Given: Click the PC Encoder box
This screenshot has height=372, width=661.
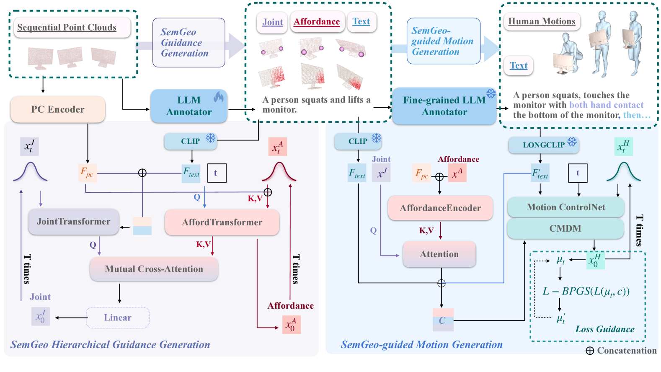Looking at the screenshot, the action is (x=58, y=109).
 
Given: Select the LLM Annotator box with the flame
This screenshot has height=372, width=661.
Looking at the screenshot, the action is (x=189, y=106).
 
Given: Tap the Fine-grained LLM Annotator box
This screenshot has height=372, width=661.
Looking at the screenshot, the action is (x=444, y=106).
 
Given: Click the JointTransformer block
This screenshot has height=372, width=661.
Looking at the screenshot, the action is (x=73, y=222).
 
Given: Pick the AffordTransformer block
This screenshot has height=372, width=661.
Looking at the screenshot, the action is (x=222, y=222).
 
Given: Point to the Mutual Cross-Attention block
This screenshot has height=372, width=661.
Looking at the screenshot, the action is (x=154, y=269).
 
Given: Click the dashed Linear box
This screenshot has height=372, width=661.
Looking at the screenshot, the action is (x=118, y=318).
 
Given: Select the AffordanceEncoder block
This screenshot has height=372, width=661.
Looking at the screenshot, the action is (x=440, y=208).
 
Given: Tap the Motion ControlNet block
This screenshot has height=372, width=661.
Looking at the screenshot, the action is (x=565, y=207).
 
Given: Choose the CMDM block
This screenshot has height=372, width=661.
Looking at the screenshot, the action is (x=565, y=228).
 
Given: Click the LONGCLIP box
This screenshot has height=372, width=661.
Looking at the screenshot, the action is (x=544, y=145).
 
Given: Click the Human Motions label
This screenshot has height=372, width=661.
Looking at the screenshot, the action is (x=542, y=21).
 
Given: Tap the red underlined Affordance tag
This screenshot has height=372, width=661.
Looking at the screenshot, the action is (x=317, y=21).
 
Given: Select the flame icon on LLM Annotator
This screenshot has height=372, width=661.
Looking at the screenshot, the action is (x=219, y=97).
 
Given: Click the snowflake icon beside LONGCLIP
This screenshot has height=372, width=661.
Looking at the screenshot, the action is (x=572, y=142).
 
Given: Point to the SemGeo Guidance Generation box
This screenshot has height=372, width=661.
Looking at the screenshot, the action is (x=189, y=42).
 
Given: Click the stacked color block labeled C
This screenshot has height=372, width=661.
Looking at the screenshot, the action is (x=443, y=320).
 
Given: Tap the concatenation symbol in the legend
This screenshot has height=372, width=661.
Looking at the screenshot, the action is (x=590, y=351).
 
